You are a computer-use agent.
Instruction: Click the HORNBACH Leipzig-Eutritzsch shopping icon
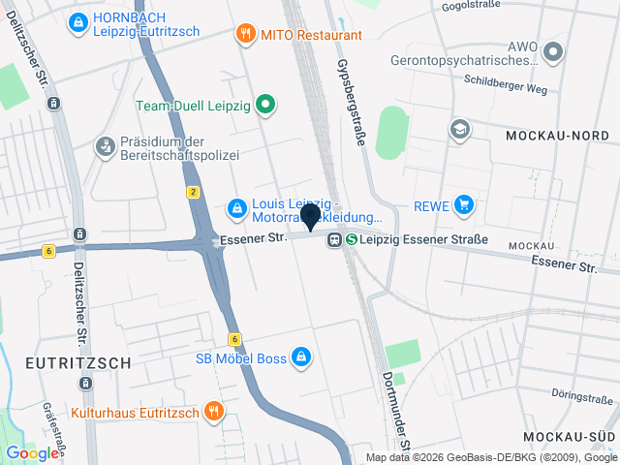[x=78, y=20]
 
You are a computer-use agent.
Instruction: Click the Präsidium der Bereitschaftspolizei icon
[x=104, y=147]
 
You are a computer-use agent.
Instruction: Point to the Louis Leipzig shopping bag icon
[x=235, y=206]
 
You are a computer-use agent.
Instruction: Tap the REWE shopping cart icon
[x=465, y=204]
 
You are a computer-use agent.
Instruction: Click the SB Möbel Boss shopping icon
[x=302, y=357]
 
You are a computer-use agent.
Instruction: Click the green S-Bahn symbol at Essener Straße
[x=352, y=239]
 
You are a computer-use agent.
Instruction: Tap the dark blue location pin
[x=311, y=216]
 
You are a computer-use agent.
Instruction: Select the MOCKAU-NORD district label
[x=556, y=138]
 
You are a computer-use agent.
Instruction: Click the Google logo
[x=31, y=452]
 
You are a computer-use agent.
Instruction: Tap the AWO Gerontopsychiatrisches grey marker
[x=553, y=52]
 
